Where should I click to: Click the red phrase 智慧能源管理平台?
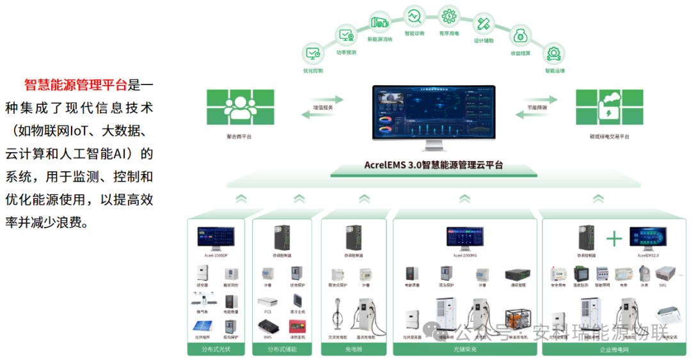click(x=75, y=84)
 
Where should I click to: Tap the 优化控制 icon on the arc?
click(x=313, y=54)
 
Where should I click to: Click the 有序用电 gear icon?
click(x=449, y=15)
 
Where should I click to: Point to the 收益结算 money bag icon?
click(x=520, y=35)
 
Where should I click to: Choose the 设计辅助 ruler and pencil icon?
click(x=484, y=24)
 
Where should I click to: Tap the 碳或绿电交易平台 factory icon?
click(x=609, y=107)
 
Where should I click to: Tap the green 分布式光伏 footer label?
click(x=216, y=349)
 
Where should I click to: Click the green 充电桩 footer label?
click(x=354, y=349)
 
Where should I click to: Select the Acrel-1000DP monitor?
click(x=216, y=238)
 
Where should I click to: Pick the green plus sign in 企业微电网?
click(x=614, y=239)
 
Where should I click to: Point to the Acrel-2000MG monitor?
click(x=466, y=237)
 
